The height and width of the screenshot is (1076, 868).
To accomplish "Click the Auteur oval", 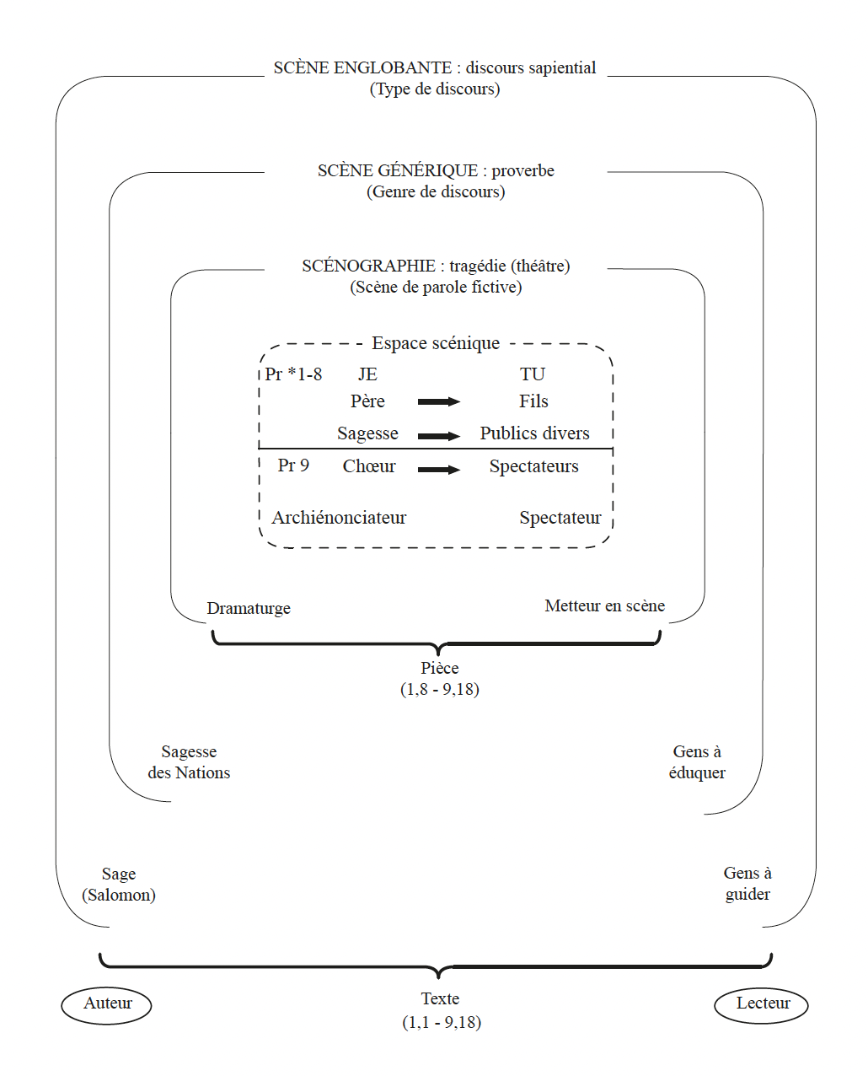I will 106,1004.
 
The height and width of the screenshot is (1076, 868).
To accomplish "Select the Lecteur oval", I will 761,1004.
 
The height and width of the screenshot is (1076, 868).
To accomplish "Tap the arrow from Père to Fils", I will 439,401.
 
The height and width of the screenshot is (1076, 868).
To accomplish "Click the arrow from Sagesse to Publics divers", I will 439,436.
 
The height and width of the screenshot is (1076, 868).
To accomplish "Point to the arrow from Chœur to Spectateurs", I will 439,469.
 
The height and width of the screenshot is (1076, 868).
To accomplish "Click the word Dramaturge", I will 249,608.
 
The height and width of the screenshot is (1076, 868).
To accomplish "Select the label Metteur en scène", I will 604,605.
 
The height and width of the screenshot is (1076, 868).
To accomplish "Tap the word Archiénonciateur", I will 339,518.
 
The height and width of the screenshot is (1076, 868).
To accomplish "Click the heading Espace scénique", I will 436,343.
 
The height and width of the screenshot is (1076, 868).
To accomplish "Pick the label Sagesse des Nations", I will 189,762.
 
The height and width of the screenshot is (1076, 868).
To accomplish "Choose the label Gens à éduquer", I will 697,762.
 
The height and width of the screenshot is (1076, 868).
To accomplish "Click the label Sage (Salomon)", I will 119,885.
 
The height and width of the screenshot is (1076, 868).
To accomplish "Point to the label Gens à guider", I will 747,884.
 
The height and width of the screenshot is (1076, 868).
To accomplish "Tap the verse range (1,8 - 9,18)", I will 440,689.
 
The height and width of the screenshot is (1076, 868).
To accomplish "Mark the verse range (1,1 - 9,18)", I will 442,1022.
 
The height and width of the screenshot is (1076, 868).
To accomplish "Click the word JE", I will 367,374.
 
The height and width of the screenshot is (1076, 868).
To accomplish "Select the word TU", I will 533,374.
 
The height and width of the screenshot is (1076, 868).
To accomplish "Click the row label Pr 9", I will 293,465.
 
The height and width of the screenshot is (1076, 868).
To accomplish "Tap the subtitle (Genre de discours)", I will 436,192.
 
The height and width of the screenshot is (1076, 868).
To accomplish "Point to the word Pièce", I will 440,668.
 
